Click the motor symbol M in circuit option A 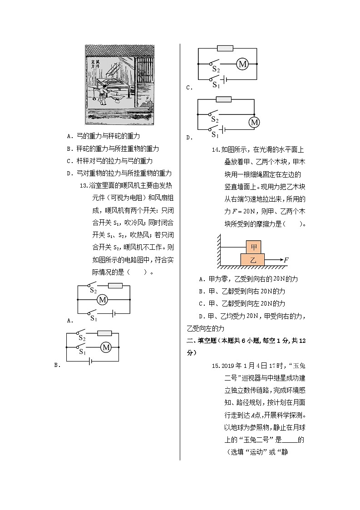(102, 300)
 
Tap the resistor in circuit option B (105, 333)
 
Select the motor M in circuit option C (242, 64)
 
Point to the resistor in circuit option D (223, 99)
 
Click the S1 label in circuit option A (94, 318)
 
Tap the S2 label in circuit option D (215, 119)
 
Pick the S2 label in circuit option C (216, 70)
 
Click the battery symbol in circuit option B (92, 361)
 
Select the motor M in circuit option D (254, 122)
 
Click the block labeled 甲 (253, 247)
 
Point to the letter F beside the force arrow (286, 260)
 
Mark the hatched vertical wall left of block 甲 (219, 250)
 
